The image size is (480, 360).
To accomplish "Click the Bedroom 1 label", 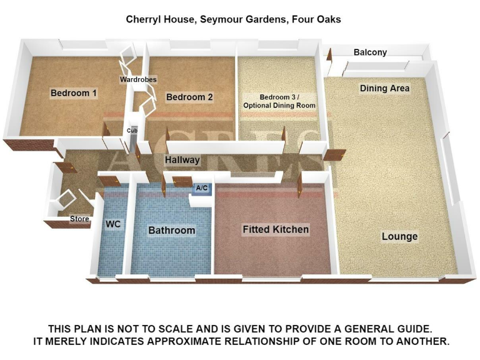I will (x=74, y=93).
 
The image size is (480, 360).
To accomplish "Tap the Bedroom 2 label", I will (x=189, y=97).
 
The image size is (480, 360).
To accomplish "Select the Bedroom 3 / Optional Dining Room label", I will (x=279, y=101).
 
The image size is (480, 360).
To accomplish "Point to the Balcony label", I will (x=370, y=52).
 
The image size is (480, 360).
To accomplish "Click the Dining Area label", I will (x=384, y=89).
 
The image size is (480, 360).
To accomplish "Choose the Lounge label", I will (x=400, y=237).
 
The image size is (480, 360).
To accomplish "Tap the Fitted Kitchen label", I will (x=276, y=230).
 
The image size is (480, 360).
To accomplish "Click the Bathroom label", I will (x=172, y=231).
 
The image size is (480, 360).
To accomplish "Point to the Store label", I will (x=79, y=219).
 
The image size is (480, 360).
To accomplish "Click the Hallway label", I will (x=182, y=161).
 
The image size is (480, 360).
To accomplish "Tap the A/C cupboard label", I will (x=202, y=187).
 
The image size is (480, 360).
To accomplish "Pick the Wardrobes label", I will (x=138, y=79).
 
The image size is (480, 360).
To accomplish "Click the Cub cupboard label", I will (x=132, y=131).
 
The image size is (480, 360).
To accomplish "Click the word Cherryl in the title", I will (x=145, y=19).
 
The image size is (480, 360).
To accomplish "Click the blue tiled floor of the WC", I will (x=111, y=250).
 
